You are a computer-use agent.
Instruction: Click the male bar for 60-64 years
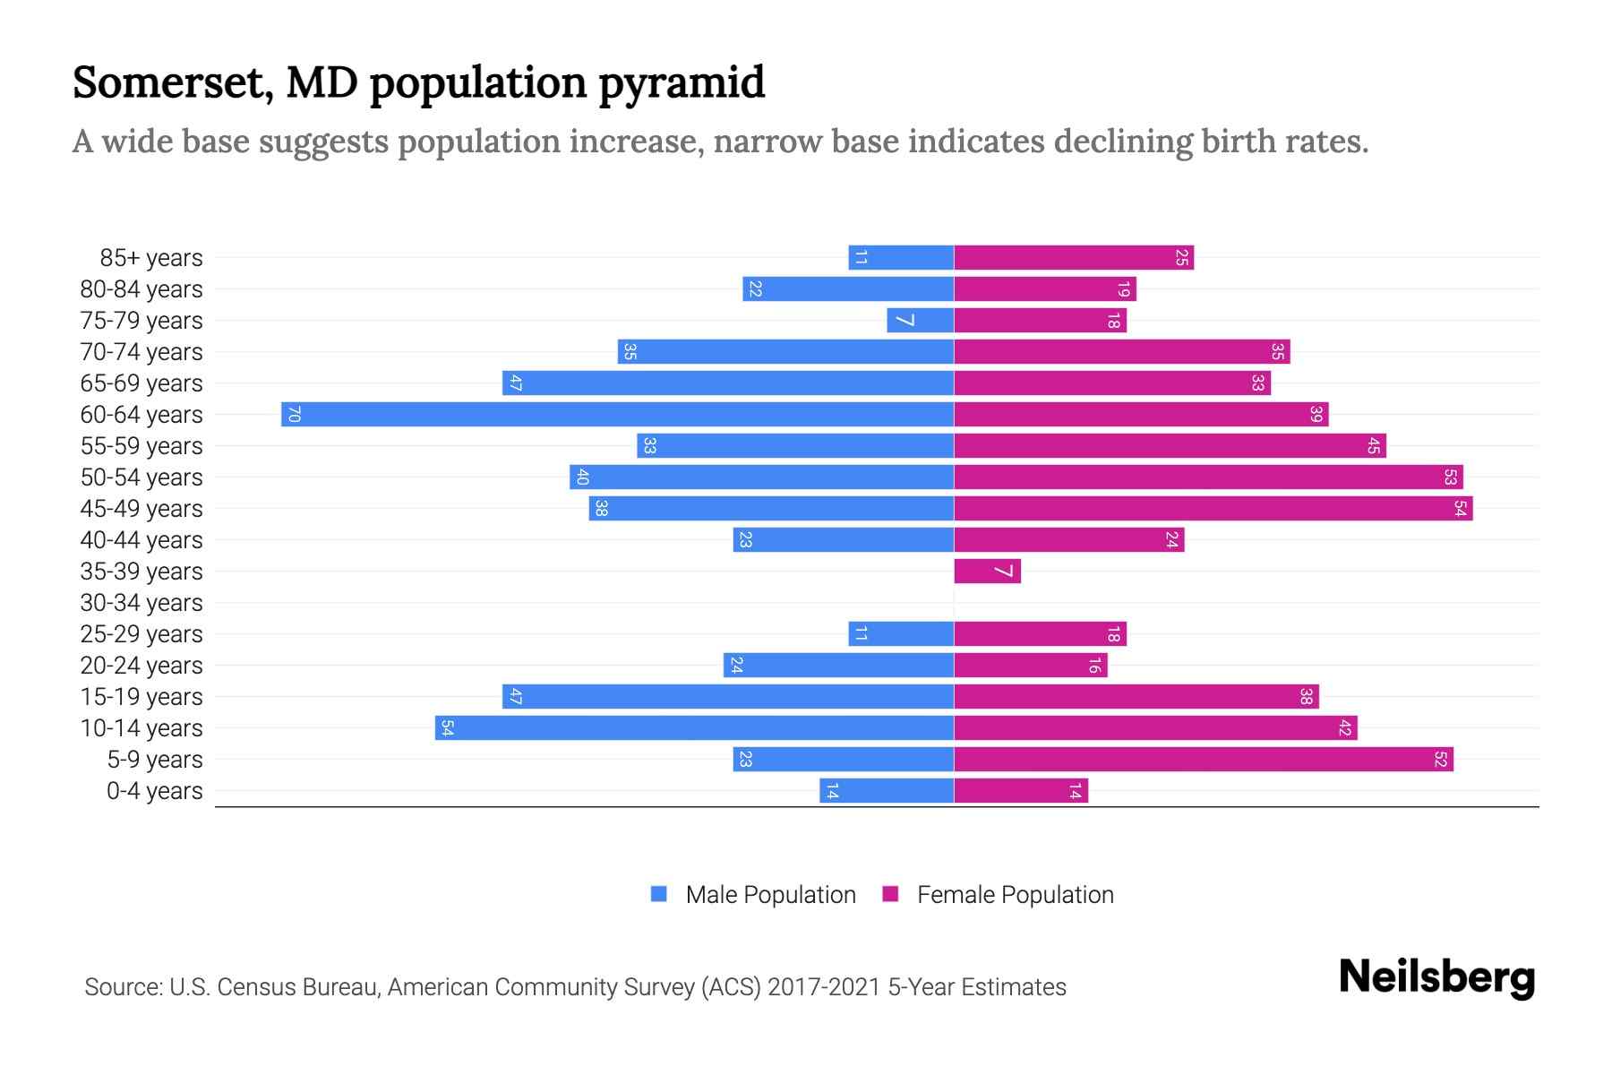[617, 414]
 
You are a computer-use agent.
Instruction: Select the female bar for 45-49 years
[1213, 508]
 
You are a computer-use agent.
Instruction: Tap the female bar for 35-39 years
[987, 571]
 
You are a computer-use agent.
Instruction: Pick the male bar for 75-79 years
[920, 320]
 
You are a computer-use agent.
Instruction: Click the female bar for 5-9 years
[1203, 759]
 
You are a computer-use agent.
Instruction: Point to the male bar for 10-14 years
[694, 727]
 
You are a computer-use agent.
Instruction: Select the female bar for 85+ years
[1074, 257]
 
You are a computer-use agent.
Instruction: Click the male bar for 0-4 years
[886, 790]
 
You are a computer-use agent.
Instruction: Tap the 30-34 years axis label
[141, 603]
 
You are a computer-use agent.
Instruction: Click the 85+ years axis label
[151, 258]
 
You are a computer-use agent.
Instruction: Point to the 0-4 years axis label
[154, 791]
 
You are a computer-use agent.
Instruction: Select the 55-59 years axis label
[141, 446]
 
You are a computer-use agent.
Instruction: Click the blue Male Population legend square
[659, 894]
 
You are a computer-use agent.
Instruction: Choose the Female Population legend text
[1015, 894]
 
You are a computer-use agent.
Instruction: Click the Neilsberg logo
[1436, 977]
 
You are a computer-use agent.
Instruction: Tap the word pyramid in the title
[682, 83]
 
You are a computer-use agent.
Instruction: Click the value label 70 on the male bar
[294, 414]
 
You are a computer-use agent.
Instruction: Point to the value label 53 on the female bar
[1450, 477]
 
